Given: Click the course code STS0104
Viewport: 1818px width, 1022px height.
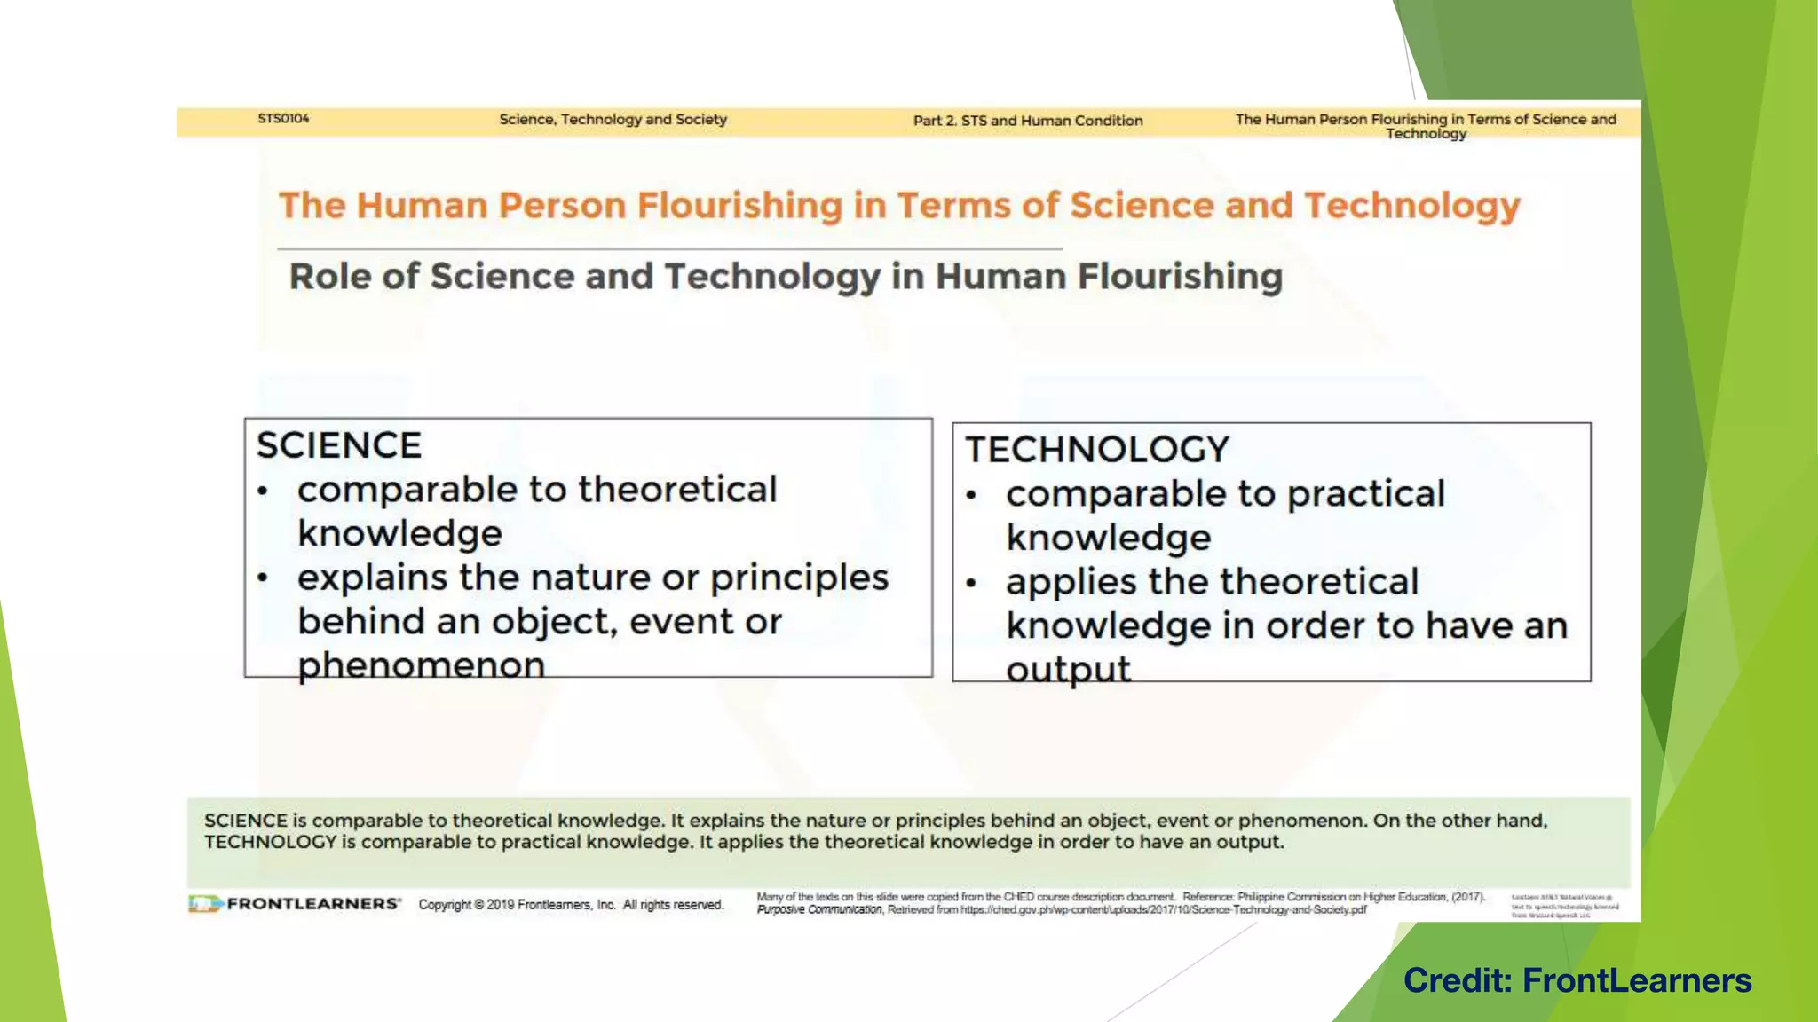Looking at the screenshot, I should point(283,119).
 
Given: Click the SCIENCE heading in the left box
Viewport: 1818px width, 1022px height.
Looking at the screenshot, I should point(339,445).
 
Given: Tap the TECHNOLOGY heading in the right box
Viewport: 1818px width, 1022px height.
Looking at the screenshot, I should point(1097,450).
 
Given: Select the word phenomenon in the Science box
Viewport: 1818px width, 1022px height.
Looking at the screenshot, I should point(421,665).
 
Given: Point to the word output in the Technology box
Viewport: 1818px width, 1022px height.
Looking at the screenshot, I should point(1068,670).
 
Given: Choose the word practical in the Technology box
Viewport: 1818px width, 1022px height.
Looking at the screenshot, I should point(1366,494).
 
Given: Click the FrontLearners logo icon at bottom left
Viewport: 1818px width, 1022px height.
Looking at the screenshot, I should point(204,904).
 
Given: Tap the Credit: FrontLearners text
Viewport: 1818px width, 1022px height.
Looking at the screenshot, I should point(1577,980).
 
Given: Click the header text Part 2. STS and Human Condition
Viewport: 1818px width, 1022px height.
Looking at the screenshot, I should point(1028,121).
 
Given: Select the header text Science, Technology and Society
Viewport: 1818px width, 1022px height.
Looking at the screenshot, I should point(613,120).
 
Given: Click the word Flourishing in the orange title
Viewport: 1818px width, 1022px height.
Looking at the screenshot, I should point(740,206).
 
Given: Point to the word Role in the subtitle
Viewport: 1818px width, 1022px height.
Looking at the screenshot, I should point(328,277).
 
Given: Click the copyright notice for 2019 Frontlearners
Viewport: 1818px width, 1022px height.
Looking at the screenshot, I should point(571,905).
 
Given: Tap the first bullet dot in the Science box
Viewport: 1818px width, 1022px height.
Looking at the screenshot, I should point(263,491).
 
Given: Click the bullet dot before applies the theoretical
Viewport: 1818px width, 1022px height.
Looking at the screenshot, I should point(971,584).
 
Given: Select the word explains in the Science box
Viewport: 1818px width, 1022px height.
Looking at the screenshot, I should point(373,578).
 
